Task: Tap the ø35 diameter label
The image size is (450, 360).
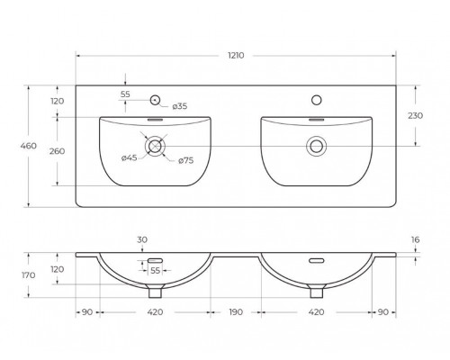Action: point(179,106)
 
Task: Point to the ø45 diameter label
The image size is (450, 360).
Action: point(130,159)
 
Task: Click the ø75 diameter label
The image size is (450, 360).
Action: point(186,160)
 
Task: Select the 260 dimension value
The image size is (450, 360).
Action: point(58,150)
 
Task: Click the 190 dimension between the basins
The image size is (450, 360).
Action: point(236,313)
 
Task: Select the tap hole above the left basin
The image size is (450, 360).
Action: point(156,99)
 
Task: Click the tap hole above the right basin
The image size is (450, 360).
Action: point(316,99)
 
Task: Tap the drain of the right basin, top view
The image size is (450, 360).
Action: point(316,144)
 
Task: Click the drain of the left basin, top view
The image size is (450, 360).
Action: point(156,144)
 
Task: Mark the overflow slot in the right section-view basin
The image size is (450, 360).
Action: point(316,261)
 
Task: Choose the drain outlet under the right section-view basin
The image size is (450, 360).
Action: point(316,291)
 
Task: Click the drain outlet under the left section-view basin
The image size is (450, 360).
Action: point(156,291)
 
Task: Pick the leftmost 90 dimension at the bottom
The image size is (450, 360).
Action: point(86,313)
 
